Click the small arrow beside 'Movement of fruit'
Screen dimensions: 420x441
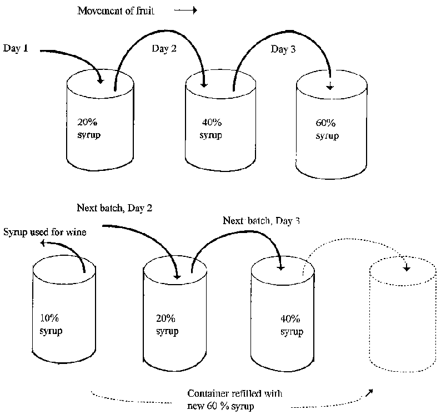[x=186, y=11]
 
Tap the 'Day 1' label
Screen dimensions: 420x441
[x=16, y=48]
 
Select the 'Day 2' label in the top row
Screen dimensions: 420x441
[x=164, y=49]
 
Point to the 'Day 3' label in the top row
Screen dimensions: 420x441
[x=283, y=50]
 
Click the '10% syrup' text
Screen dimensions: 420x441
[x=51, y=326]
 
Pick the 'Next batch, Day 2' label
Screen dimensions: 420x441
[x=114, y=209]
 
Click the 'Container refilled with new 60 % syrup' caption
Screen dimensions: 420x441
[x=235, y=398]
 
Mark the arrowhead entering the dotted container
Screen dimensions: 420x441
[x=407, y=268]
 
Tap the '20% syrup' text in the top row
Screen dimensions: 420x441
[x=89, y=129]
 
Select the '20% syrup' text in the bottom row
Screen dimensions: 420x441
[x=167, y=325]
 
